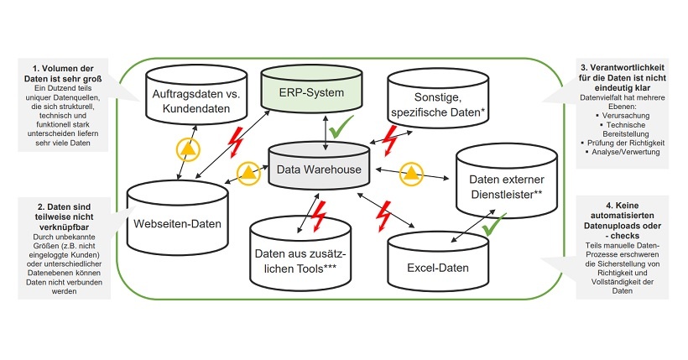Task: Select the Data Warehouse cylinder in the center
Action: coord(321,170)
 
